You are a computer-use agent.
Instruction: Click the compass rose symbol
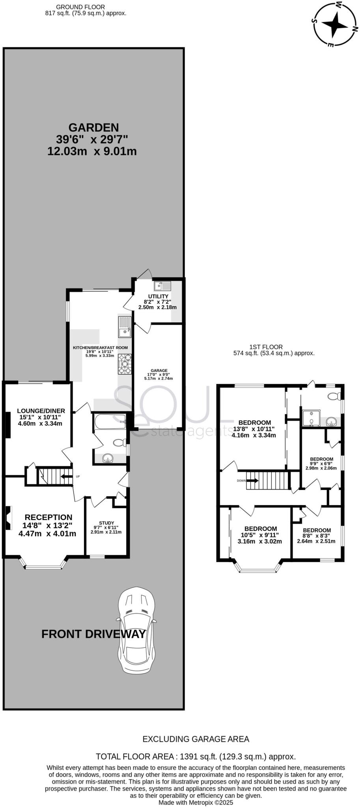click(336, 24)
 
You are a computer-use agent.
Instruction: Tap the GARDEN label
click(93, 127)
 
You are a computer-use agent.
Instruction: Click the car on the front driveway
click(135, 631)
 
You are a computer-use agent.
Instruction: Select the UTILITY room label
click(158, 296)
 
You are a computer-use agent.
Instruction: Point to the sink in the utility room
click(163, 286)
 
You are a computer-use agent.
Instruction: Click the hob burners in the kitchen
click(125, 364)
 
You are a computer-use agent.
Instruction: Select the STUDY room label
click(106, 523)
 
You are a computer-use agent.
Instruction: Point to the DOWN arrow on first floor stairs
click(253, 481)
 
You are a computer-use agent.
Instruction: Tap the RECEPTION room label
click(48, 517)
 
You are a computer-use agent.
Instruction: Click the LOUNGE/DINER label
click(41, 411)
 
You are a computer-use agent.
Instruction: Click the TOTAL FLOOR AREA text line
click(196, 756)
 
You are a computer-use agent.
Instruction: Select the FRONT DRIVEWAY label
click(93, 634)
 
